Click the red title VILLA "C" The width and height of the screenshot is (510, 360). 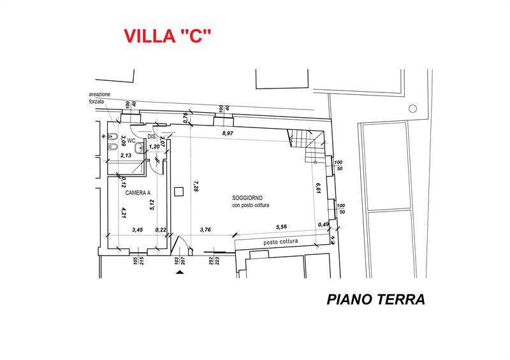coord(166,36)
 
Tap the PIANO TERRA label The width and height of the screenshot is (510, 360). coord(375,299)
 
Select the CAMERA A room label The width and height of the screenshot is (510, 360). coord(138,193)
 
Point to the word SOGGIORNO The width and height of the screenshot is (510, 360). coord(247,198)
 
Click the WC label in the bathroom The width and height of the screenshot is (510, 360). coord(131,140)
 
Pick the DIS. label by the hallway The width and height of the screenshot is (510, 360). coord(152,136)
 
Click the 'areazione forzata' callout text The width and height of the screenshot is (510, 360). coord(99,97)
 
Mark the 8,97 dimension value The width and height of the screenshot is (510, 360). coord(227,134)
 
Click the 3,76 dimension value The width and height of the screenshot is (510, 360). coord(205,229)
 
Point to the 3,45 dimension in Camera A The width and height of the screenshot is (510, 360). coord(137,229)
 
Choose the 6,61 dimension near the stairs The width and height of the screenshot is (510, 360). coord(317,188)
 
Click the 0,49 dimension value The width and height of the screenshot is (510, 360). coord(324,224)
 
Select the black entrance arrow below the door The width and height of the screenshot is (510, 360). coord(179,272)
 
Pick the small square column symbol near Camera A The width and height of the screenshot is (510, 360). coord(179,190)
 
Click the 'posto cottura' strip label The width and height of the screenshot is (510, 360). coord(281,242)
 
